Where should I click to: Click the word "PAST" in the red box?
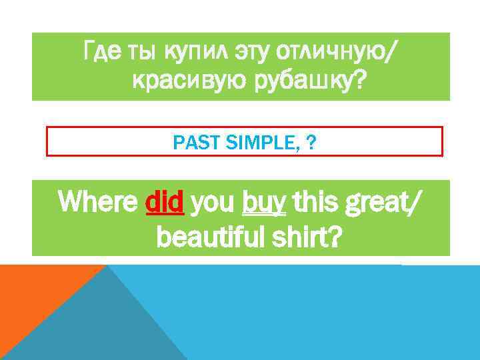pos(189,142)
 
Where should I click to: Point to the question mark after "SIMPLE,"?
pos(312,142)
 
